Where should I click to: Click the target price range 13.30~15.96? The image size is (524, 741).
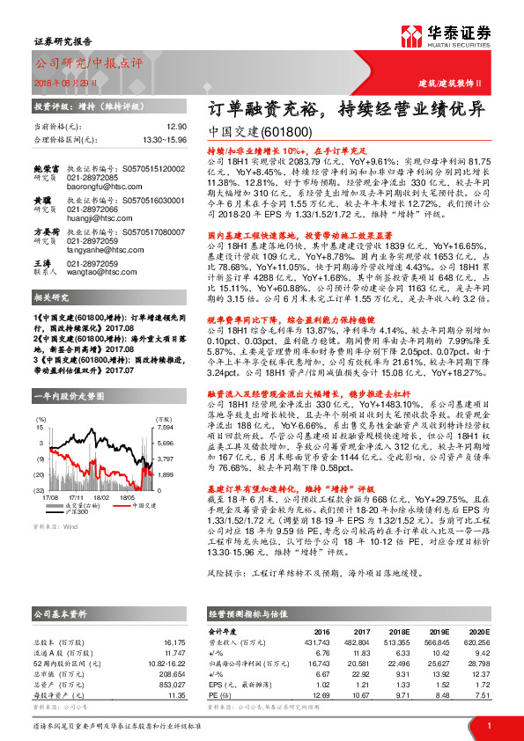point(164,139)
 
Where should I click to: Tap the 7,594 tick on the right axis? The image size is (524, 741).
point(167,427)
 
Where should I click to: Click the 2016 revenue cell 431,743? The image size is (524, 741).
point(315,642)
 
